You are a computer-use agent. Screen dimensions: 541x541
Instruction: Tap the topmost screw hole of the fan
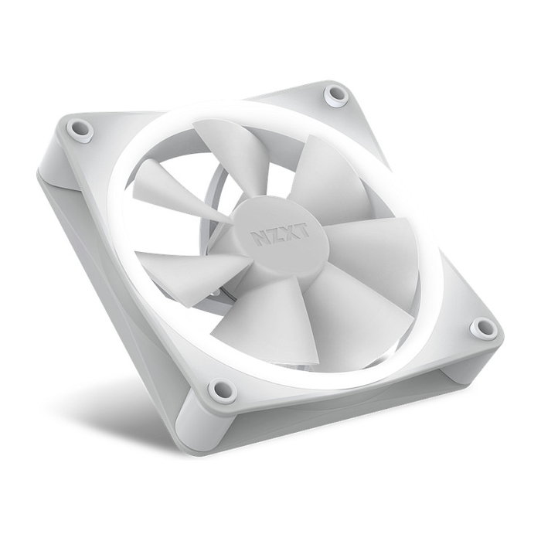point(336,94)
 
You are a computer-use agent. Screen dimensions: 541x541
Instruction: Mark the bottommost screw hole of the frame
point(223,390)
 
